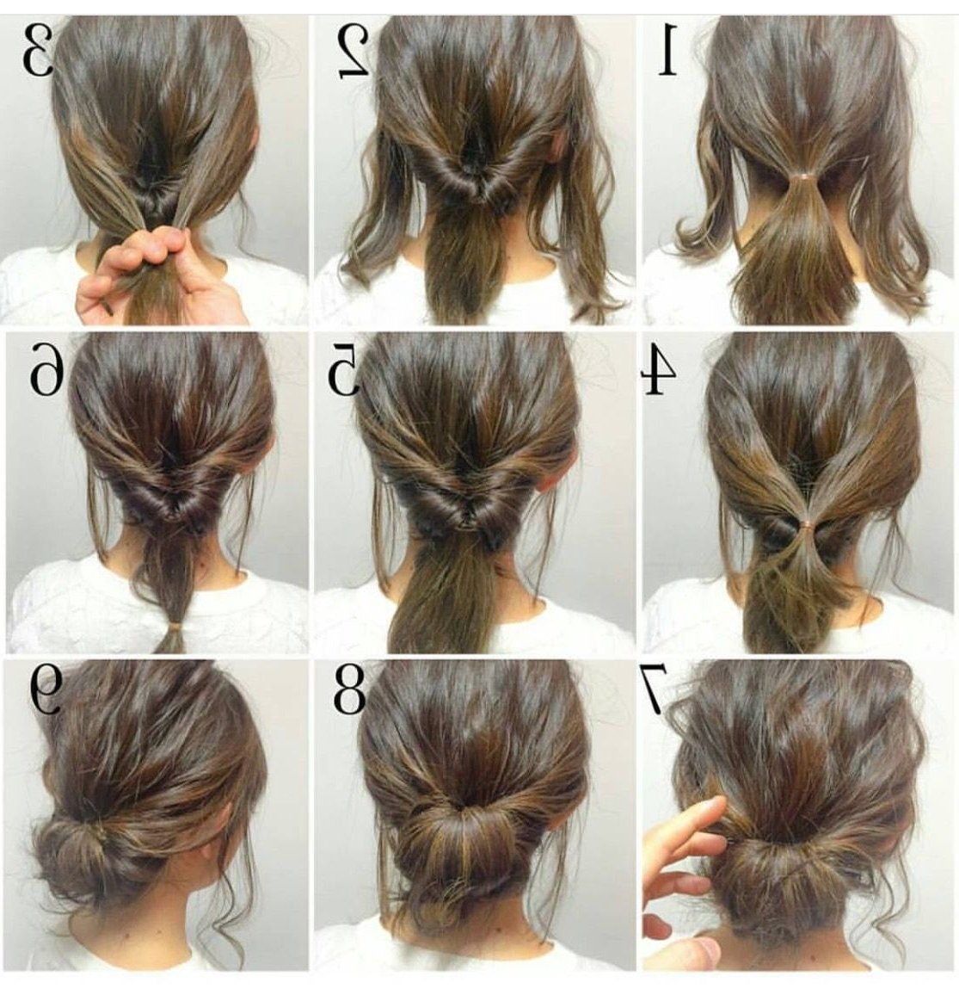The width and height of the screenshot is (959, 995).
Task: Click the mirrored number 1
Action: [667, 50]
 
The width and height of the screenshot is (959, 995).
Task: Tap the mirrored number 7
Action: [654, 689]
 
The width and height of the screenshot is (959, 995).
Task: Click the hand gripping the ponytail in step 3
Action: [162, 273]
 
